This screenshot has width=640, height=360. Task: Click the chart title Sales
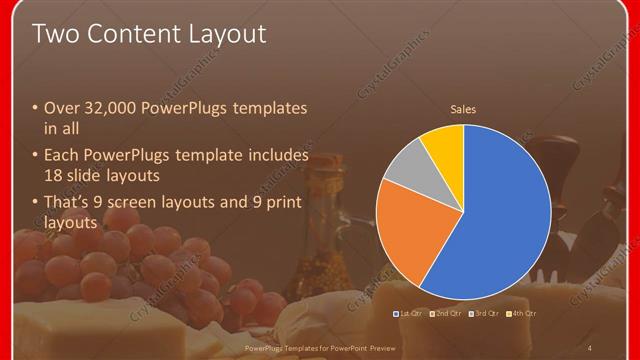(463, 109)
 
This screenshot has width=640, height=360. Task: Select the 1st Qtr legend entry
(411, 314)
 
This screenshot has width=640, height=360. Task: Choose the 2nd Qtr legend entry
(447, 314)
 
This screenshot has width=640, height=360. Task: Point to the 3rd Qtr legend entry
(484, 314)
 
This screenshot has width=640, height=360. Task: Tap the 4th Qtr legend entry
(521, 314)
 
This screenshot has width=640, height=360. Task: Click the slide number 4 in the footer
(590, 347)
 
